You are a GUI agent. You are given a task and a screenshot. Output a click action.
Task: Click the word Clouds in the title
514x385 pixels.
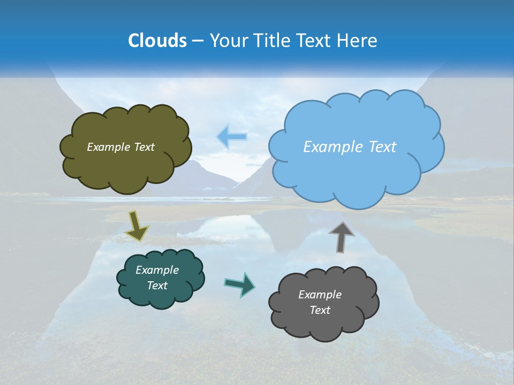[157, 41]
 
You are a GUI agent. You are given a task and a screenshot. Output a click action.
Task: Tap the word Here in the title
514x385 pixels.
[358, 41]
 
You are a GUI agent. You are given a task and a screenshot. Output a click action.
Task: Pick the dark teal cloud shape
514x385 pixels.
[161, 297]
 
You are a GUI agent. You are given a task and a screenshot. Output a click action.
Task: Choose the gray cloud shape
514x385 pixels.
[323, 326]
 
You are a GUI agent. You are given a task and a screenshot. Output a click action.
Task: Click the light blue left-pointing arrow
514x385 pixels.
[232, 136]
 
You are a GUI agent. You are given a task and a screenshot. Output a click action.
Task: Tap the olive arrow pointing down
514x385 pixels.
[137, 226]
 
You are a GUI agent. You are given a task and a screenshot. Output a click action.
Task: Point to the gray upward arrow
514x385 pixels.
[341, 236]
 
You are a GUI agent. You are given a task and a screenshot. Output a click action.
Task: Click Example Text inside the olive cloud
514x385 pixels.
[120, 147]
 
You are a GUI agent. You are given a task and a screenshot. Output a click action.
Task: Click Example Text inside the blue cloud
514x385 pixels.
[350, 147]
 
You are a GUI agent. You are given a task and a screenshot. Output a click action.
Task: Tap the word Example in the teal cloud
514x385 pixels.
[157, 270]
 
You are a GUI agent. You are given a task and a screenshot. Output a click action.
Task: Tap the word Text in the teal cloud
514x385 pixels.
[157, 286]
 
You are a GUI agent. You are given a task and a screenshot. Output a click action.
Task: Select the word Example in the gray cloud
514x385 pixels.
[320, 295]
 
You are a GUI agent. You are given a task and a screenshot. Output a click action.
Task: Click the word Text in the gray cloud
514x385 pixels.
[320, 310]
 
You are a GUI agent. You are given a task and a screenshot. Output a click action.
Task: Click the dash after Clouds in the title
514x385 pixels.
[196, 41]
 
